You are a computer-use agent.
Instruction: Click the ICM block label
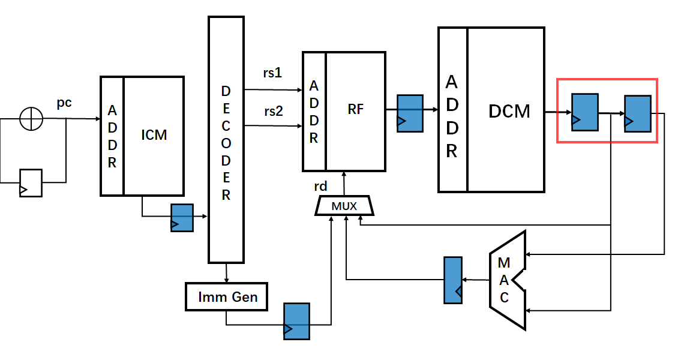pos(154,135)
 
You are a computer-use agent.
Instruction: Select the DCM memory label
pos(509,111)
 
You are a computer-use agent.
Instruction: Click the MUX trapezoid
pos(344,206)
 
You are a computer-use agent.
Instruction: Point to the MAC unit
pos(506,280)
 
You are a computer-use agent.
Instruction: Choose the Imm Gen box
pos(226,296)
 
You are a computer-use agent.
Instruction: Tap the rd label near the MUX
pos(321,187)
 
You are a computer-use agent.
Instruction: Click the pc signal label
pos(64,103)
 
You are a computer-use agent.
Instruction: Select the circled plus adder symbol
pos(31,119)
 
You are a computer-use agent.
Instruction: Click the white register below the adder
pos(31,182)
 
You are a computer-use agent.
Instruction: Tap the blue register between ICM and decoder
pos(182,218)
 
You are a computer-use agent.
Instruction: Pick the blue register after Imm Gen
pos(296,321)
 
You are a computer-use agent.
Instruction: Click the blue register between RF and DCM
pos(410,112)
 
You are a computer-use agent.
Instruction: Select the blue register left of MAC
pos(452,280)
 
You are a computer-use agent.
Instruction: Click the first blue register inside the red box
pos(584,112)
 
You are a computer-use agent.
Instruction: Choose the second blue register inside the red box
pos(637,113)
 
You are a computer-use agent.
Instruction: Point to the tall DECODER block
pos(226,139)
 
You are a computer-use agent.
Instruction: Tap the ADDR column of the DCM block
pos(452,109)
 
